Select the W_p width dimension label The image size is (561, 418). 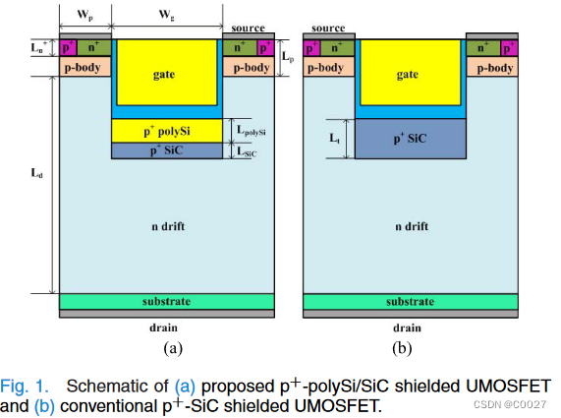pyautogui.click(x=84, y=15)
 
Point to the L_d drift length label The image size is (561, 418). pyautogui.click(x=38, y=173)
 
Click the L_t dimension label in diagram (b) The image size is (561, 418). pyautogui.click(x=335, y=139)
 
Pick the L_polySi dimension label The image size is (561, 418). pyautogui.click(x=253, y=130)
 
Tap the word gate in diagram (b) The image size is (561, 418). pyautogui.click(x=408, y=75)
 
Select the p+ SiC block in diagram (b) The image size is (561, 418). pyautogui.click(x=408, y=139)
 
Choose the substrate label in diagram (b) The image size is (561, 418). pyautogui.click(x=408, y=301)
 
